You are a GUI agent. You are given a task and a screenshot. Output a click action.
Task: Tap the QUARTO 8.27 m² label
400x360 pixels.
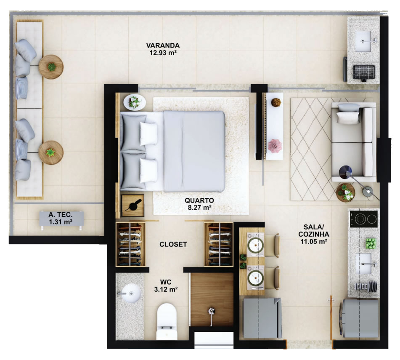pyautogui.click(x=199, y=204)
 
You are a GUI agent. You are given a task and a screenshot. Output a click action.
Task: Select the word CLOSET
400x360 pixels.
pyautogui.click(x=173, y=244)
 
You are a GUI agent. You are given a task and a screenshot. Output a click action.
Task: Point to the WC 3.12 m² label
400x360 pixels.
pyautogui.click(x=166, y=286)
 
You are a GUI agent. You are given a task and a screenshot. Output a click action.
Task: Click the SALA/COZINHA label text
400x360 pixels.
pyautogui.click(x=314, y=231)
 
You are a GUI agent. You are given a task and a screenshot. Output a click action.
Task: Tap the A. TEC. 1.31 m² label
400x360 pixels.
pyautogui.click(x=61, y=218)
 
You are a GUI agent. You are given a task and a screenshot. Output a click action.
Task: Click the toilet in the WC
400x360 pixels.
pyautogui.click(x=167, y=321)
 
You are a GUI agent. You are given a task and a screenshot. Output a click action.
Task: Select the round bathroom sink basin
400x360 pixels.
pyautogui.click(x=131, y=293)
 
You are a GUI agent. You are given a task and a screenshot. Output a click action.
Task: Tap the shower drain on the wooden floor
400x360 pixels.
pyautogui.click(x=211, y=311)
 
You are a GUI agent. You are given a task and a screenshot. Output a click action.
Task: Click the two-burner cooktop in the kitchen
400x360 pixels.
pyautogui.click(x=364, y=219)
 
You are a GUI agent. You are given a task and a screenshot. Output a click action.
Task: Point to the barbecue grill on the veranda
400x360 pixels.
pyautogui.click(x=364, y=72)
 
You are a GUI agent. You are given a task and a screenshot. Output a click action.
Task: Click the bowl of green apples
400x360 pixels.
pyautogui.click(x=371, y=243)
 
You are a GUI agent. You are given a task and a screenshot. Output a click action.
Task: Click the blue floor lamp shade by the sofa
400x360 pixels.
pyautogui.click(x=345, y=172)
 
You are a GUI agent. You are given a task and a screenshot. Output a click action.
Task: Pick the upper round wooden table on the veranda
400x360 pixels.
pyautogui.click(x=51, y=67)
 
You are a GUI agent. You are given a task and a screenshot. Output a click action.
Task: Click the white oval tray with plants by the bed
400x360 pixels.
pyautogui.click(x=135, y=102)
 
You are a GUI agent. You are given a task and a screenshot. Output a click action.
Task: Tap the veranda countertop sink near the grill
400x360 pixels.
pyautogui.click(x=363, y=41)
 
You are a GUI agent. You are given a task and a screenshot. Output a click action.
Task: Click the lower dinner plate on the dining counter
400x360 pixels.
pyautogui.click(x=256, y=277)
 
